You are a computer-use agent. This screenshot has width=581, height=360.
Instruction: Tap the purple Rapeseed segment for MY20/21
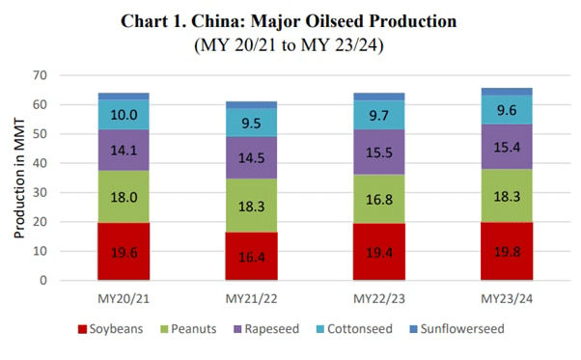124,151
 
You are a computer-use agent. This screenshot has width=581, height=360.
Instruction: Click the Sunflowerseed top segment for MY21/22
250,104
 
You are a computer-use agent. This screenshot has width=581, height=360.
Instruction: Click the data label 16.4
250,258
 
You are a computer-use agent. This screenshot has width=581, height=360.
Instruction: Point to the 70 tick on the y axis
40,75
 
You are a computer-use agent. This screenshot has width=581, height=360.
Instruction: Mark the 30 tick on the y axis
40,192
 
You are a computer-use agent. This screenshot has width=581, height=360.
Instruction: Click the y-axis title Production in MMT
18,178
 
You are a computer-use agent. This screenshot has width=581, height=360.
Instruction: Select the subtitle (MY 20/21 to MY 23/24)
290,44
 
